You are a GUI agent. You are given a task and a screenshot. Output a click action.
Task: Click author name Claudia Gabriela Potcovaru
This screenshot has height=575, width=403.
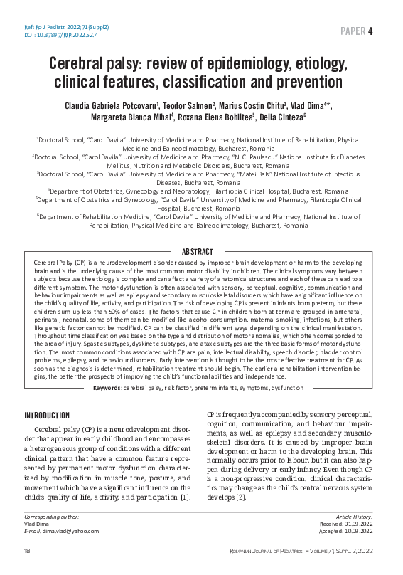(x=120, y=106)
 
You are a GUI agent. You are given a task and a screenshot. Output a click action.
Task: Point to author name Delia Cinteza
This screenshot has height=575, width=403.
(x=285, y=118)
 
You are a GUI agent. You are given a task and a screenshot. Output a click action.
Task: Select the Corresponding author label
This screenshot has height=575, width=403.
(x=52, y=517)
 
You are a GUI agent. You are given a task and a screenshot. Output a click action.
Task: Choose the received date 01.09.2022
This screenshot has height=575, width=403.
(x=362, y=524)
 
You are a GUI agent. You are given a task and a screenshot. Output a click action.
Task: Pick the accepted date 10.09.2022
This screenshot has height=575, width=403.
(x=362, y=531)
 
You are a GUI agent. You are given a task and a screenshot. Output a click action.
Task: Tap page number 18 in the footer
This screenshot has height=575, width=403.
(x=27, y=552)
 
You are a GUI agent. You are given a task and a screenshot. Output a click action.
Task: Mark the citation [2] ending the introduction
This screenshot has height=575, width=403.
(x=241, y=496)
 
